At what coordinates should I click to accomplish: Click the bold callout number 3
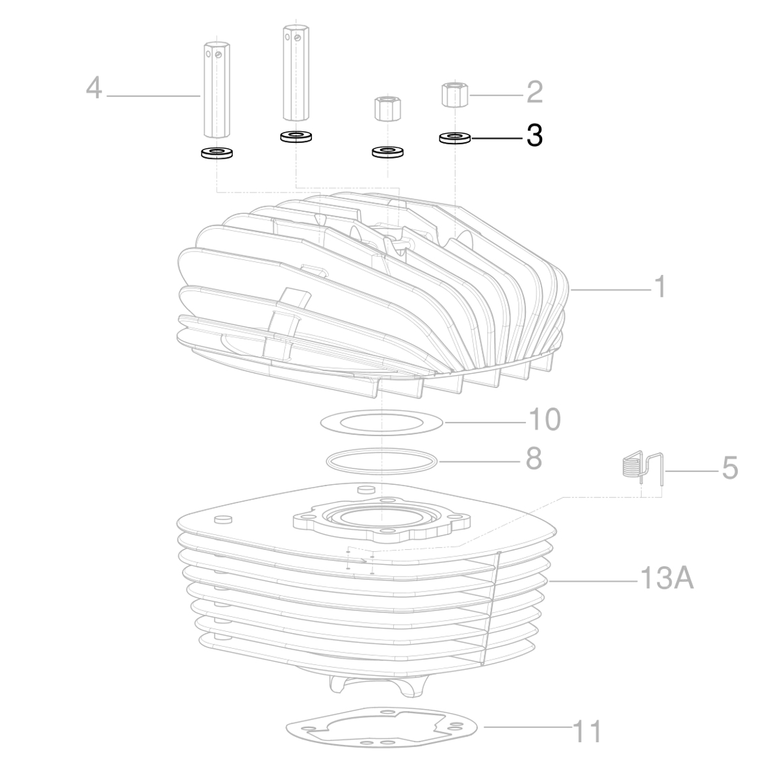point(534,136)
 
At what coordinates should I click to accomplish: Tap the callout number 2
point(534,92)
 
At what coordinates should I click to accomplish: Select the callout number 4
point(94,88)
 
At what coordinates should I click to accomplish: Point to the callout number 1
point(659,286)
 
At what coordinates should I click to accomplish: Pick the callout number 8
point(533,459)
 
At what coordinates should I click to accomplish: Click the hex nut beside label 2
point(455,95)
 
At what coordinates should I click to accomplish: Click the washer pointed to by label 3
point(455,138)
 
